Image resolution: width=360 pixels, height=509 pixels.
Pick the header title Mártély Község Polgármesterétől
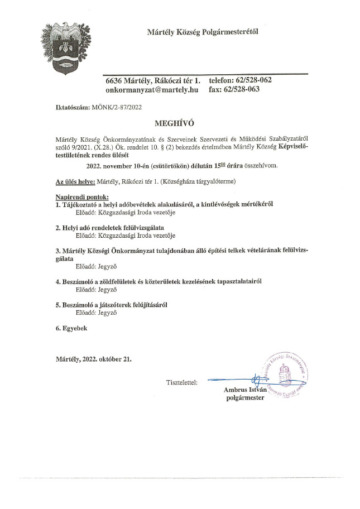[x=202, y=31]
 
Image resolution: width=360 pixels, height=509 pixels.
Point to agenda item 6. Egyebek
[x=71, y=328]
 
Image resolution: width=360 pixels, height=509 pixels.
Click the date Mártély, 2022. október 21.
[x=94, y=359]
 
